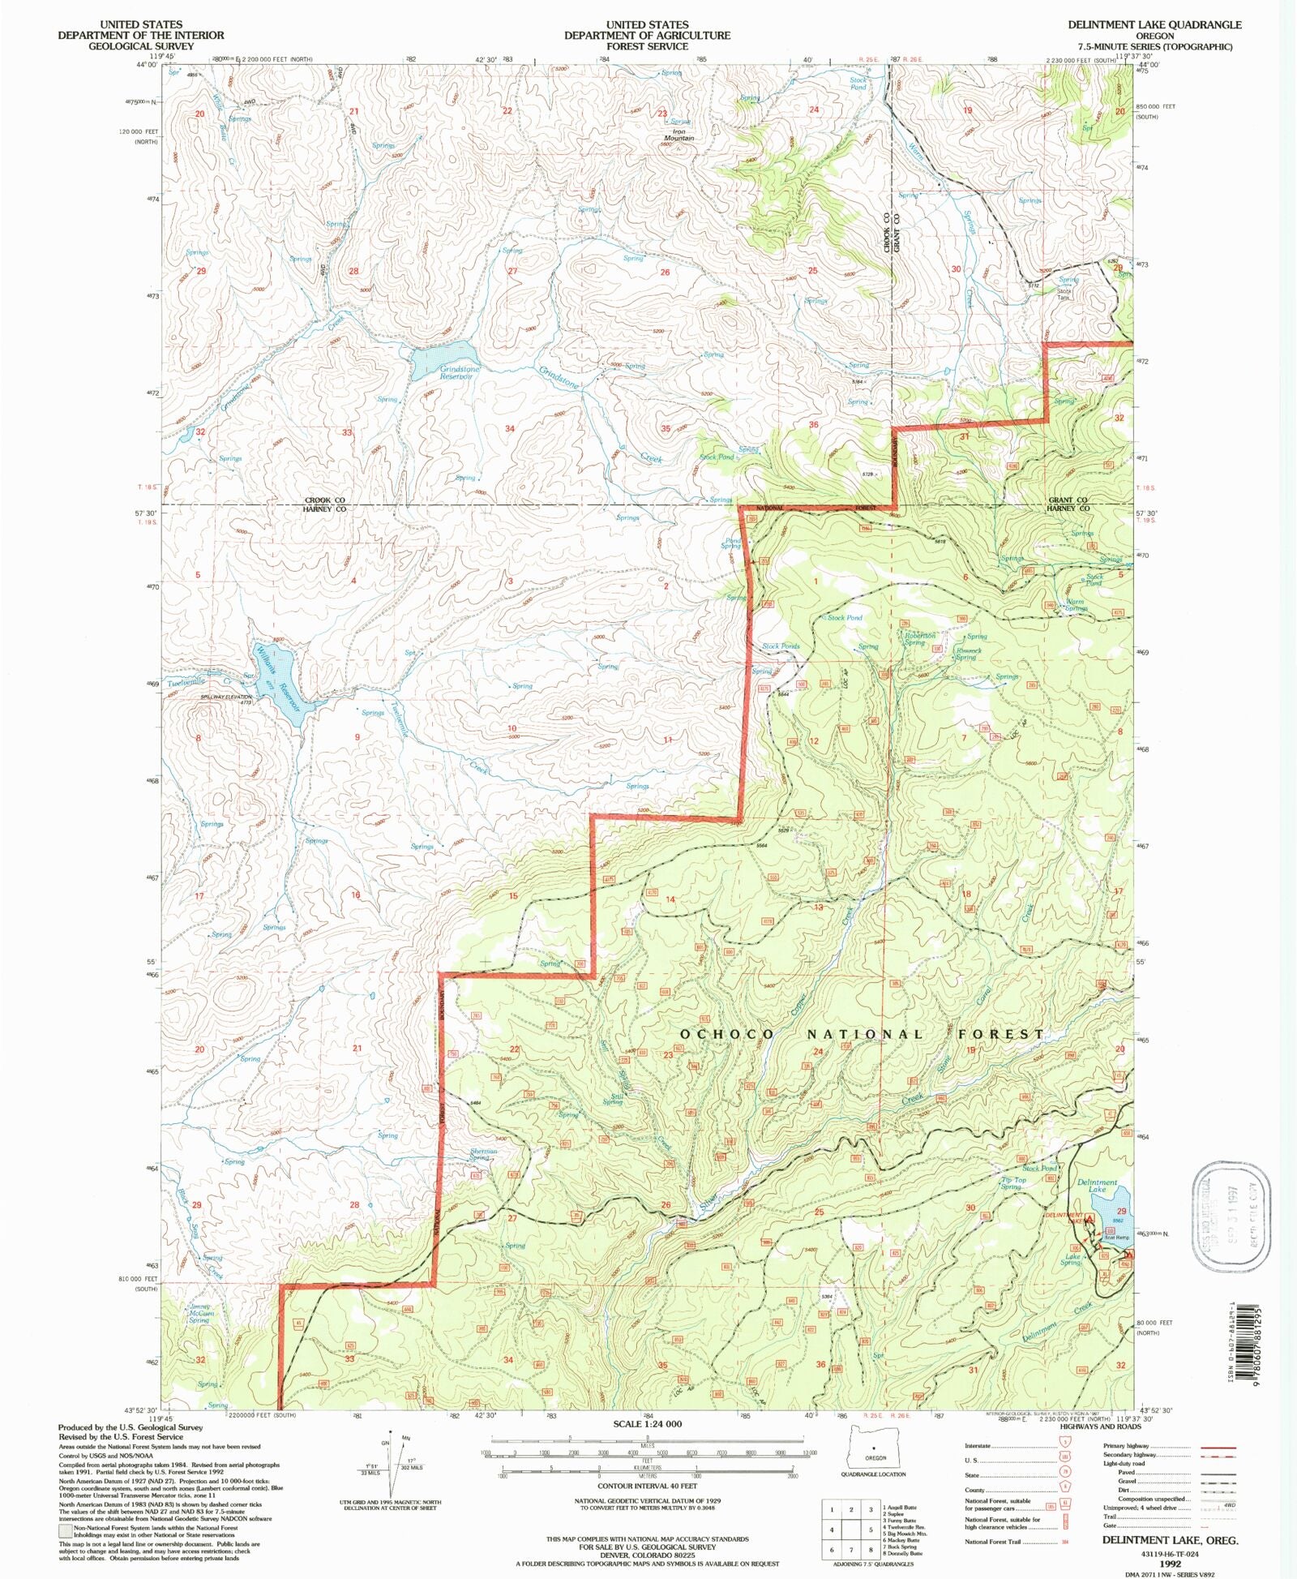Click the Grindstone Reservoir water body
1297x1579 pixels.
pyautogui.click(x=442, y=357)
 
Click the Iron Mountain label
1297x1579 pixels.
pyautogui.click(x=678, y=135)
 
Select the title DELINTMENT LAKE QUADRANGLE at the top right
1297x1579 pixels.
pyautogui.click(x=1154, y=25)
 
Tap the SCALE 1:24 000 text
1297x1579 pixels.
pyautogui.click(x=647, y=1423)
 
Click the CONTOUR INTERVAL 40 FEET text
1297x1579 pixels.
pyautogui.click(x=647, y=1486)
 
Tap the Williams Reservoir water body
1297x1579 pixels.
pyautogui.click(x=280, y=677)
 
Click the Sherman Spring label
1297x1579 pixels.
pyautogui.click(x=483, y=1154)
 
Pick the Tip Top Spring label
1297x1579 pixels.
pyautogui.click(x=1013, y=1183)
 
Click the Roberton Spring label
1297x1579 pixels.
pyautogui.click(x=919, y=639)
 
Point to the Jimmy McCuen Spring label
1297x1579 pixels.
pyautogui.click(x=200, y=1313)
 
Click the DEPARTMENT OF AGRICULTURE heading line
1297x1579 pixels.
pyautogui.click(x=647, y=36)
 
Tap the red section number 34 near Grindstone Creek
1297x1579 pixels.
pyautogui.click(x=509, y=428)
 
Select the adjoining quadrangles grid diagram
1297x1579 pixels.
pyautogui.click(x=850, y=1529)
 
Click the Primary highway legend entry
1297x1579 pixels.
pyautogui.click(x=1167, y=1446)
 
